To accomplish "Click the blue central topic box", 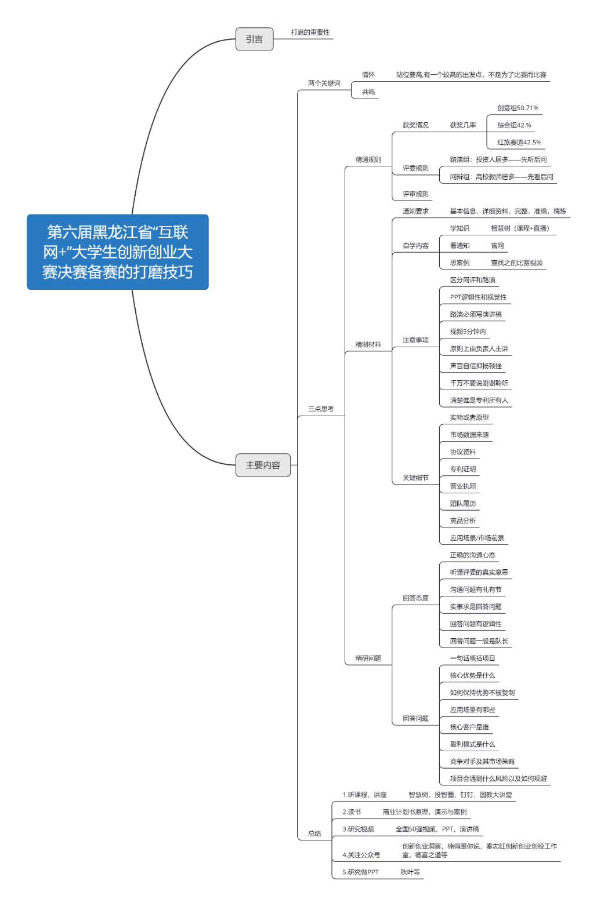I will point(117,252).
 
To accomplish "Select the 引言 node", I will point(254,39).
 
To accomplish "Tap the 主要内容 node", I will point(263,465).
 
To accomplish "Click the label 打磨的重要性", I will point(310,32).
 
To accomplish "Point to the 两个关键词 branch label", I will point(324,83).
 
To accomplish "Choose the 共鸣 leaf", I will point(368,92).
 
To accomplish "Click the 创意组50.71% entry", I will point(518,108).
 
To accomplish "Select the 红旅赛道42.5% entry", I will point(519,143).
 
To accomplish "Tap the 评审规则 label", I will point(415,194).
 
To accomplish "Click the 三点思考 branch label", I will point(321,409).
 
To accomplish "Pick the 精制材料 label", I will point(368,345).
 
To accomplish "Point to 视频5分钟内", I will point(468,332).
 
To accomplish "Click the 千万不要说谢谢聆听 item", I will point(479,383).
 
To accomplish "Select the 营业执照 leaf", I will point(462,486).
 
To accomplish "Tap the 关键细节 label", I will point(415,478).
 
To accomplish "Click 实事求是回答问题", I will point(476,607).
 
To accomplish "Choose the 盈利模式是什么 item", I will point(472,744).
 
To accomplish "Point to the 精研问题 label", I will point(368,658).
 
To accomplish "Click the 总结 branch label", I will point(314,834).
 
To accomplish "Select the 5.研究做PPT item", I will point(360,872).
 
